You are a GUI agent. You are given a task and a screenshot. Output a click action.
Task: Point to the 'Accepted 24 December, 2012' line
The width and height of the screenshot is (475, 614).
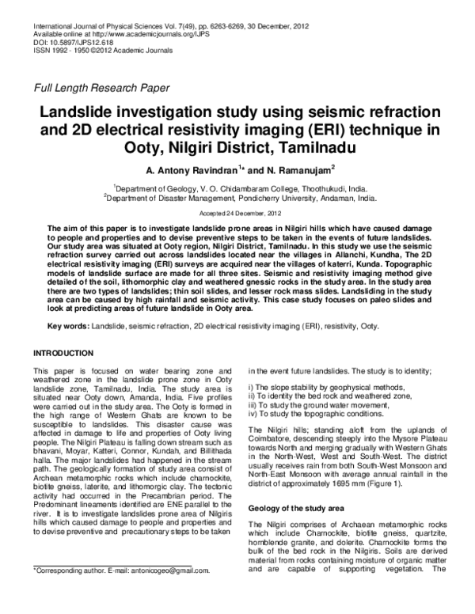(237, 214)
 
